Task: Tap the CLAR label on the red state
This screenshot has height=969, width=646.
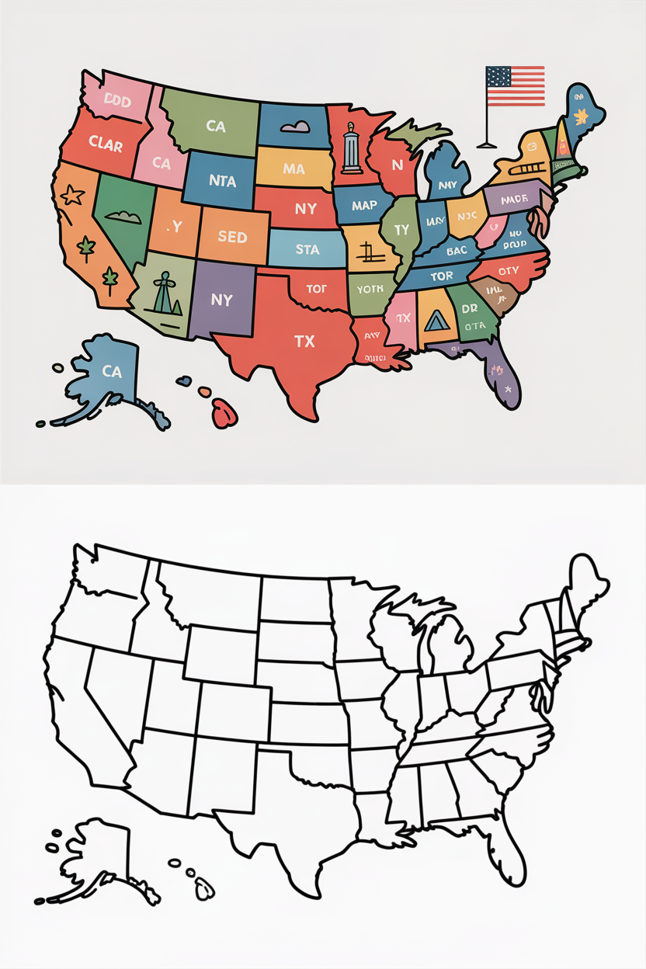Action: click(x=106, y=144)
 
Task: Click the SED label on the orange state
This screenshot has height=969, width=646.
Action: click(x=232, y=237)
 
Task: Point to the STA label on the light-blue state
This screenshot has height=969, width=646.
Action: click(x=307, y=250)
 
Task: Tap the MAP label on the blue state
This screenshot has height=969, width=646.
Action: click(x=363, y=206)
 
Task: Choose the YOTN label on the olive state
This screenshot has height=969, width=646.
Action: click(x=370, y=289)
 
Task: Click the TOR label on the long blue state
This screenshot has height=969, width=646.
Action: click(x=442, y=276)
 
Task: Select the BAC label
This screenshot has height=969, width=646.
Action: click(x=457, y=251)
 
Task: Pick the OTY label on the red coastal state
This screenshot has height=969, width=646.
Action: click(x=509, y=271)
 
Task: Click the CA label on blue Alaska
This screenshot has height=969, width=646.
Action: click(x=112, y=371)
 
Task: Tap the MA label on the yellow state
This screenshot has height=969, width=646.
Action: click(x=293, y=168)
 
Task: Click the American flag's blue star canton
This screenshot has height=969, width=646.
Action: click(x=498, y=77)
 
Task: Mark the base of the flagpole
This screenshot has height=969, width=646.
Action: click(x=487, y=144)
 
